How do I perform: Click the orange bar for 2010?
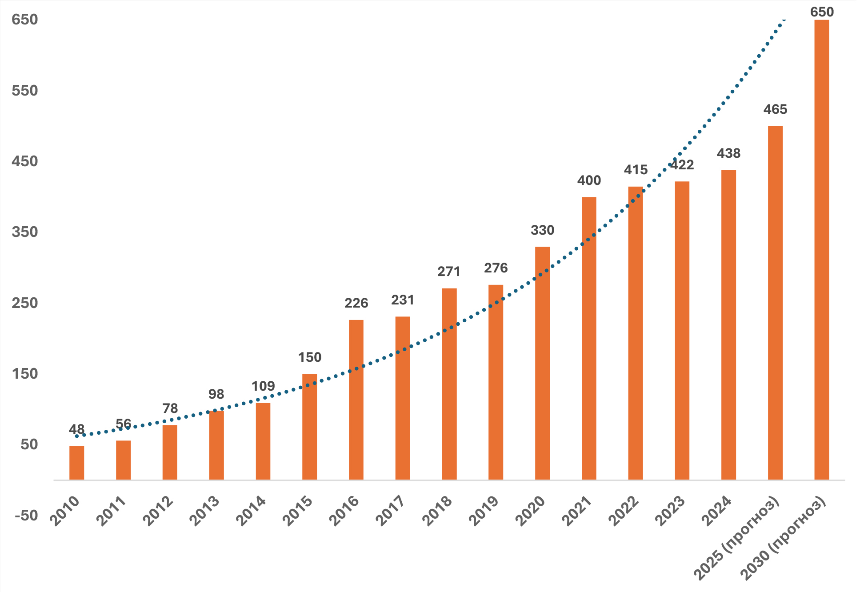point(76,463)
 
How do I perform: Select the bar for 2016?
point(356,400)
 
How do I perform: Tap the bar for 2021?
point(589,338)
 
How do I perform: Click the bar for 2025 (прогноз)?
point(775,303)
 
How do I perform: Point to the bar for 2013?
point(216,445)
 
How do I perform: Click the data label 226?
point(356,303)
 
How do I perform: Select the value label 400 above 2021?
point(589,180)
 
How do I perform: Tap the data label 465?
point(775,109)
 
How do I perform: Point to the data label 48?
point(76,429)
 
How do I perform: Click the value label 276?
point(496,268)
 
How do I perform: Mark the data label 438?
point(728,153)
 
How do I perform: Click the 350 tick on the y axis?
point(25,232)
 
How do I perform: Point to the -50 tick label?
point(26,516)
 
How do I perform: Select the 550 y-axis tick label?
point(25,91)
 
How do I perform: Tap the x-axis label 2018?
point(437,511)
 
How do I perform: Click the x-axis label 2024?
point(716,511)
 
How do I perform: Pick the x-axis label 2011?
point(112,511)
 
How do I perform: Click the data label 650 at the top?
point(822,12)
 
